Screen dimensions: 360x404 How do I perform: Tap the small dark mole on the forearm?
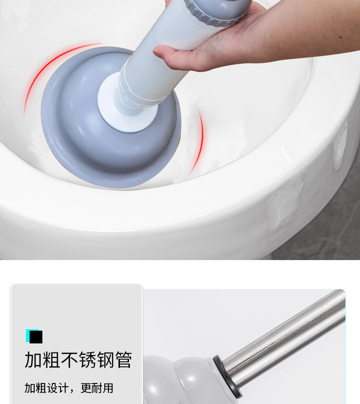[x=341, y=37]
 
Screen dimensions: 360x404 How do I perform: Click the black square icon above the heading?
[x=36, y=337]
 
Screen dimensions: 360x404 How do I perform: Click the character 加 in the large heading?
[x=33, y=360]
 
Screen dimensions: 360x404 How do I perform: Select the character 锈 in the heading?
[x=87, y=360]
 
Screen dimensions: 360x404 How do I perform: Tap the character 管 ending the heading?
[x=123, y=360]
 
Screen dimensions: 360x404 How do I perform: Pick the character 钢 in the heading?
[x=105, y=360]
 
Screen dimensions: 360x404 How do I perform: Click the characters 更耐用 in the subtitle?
[x=97, y=388]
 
